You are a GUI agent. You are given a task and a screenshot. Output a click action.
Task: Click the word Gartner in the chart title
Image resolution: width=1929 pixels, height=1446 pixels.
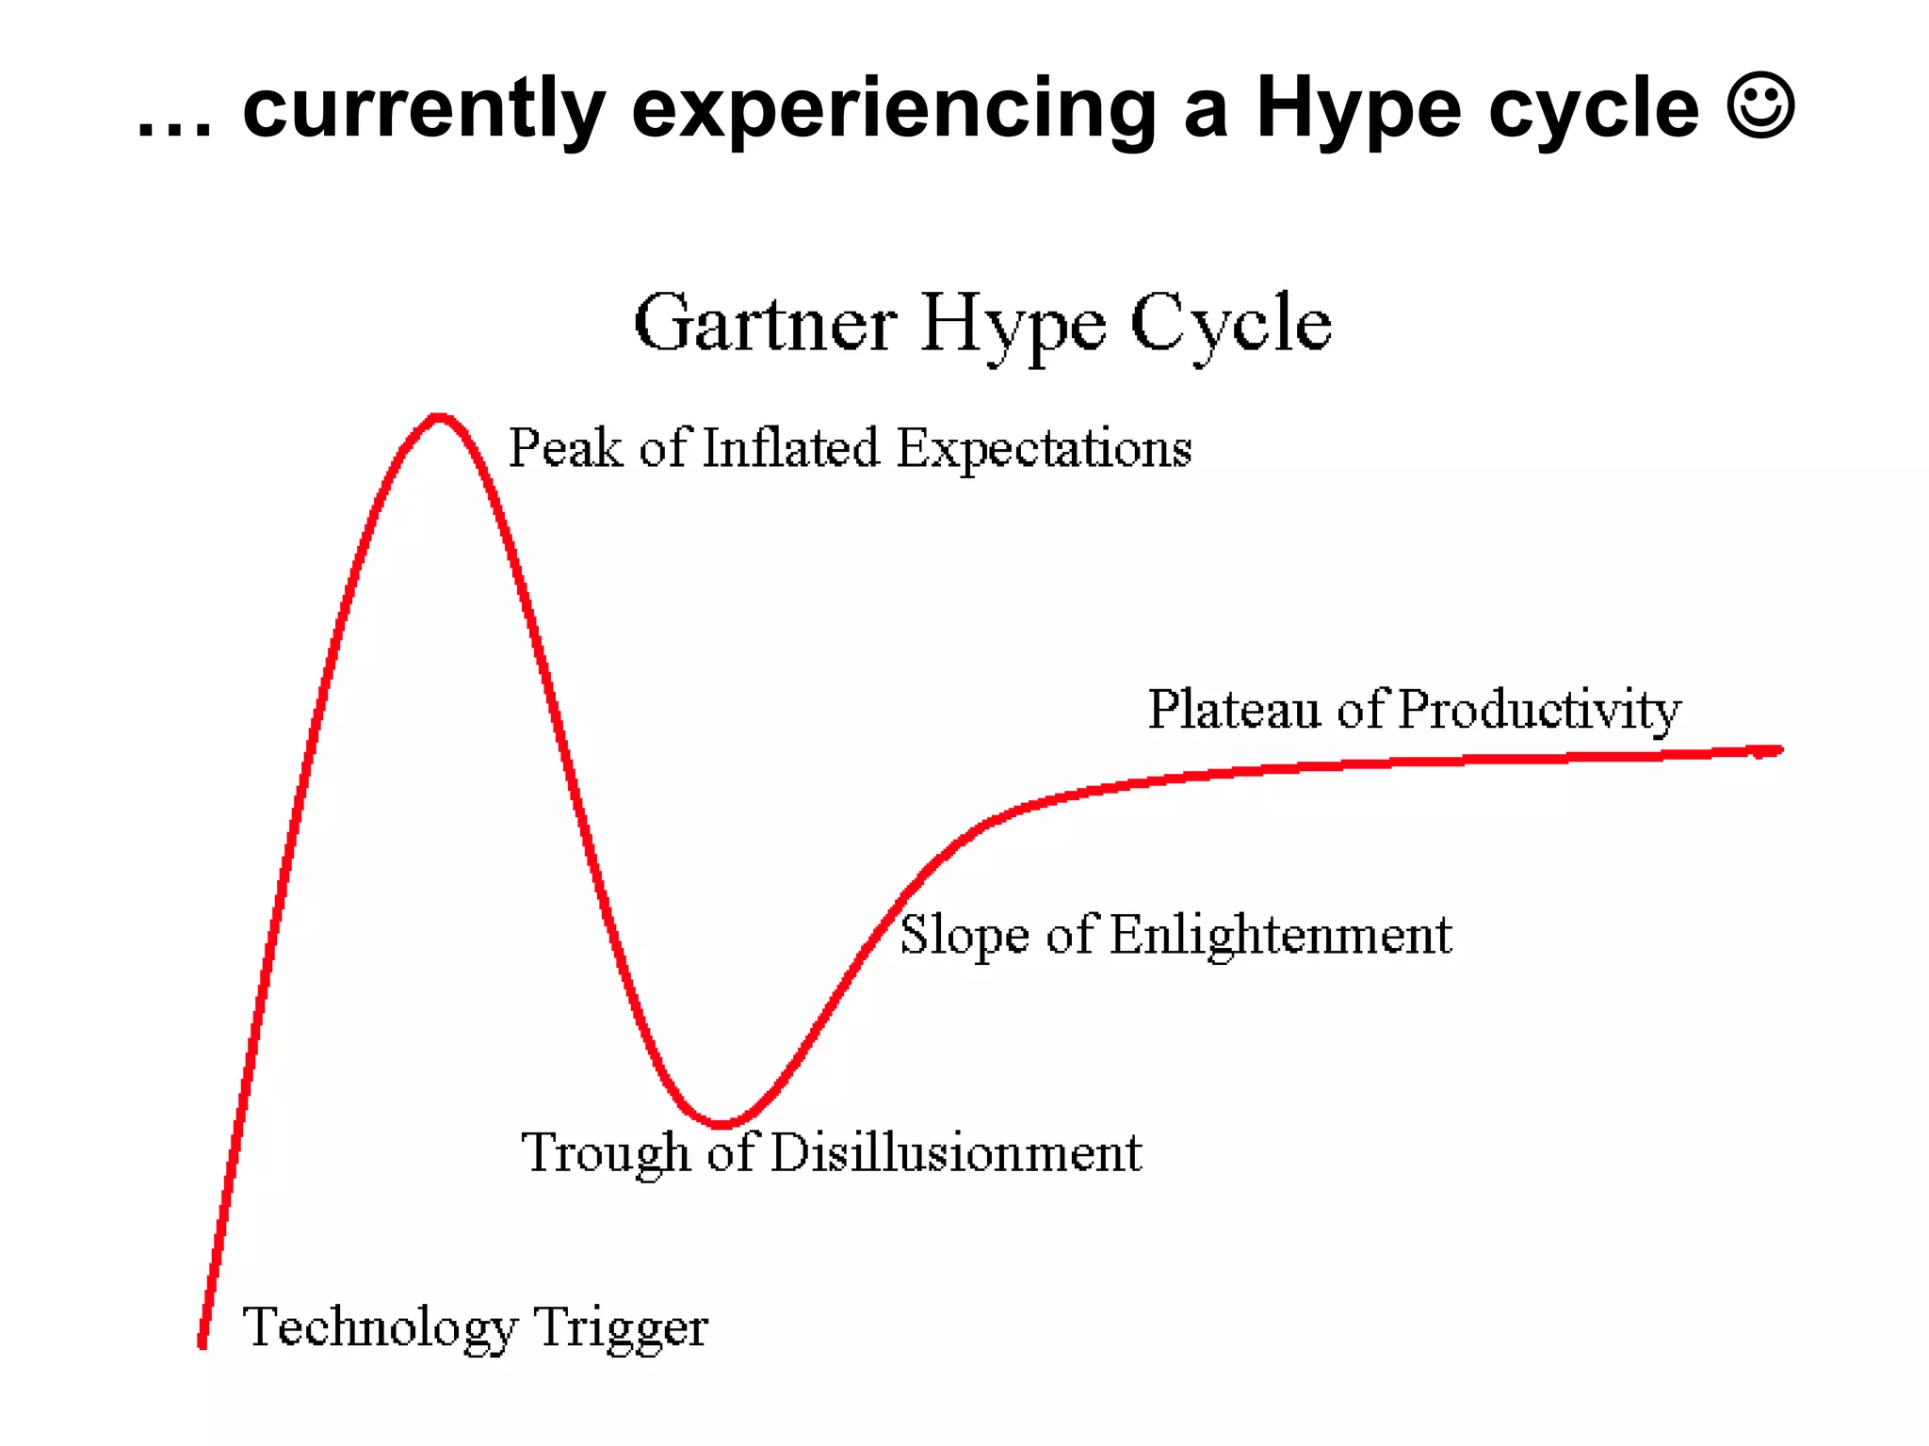pyautogui.click(x=765, y=323)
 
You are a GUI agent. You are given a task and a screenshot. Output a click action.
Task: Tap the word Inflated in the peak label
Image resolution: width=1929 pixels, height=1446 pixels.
pyautogui.click(x=790, y=447)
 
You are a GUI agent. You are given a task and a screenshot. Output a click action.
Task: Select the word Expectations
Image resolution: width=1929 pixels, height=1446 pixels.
pyautogui.click(x=1044, y=449)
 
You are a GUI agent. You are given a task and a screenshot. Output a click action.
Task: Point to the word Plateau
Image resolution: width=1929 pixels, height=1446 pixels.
pyautogui.click(x=1234, y=709)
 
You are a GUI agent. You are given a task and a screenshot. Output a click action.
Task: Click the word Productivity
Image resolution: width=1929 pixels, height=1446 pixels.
pyautogui.click(x=1539, y=711)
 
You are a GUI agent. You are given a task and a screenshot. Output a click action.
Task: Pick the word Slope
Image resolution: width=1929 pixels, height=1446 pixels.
pyautogui.click(x=964, y=936)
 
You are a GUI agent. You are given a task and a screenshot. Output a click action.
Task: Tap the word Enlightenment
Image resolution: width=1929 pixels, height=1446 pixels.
pyautogui.click(x=1281, y=936)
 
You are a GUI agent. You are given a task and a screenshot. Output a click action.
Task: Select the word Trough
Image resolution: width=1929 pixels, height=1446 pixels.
pyautogui.click(x=606, y=1153)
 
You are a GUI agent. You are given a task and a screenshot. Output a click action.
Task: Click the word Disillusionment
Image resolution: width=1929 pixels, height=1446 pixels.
pyautogui.click(x=956, y=1152)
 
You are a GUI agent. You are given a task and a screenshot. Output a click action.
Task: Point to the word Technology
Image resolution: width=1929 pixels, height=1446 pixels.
pyautogui.click(x=381, y=1328)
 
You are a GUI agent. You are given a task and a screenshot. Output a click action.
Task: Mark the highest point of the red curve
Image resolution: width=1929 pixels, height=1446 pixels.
pyautogui.click(x=438, y=417)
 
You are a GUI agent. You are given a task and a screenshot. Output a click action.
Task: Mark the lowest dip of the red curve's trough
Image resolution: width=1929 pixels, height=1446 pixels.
pyautogui.click(x=721, y=1123)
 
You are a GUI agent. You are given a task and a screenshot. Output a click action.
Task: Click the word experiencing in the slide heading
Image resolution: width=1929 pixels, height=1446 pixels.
pyautogui.click(x=894, y=110)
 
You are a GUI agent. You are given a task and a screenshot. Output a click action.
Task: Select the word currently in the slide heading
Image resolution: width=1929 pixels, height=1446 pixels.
pyautogui.click(x=424, y=110)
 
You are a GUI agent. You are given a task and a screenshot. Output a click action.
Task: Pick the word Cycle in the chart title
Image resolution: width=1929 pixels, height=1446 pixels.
pyautogui.click(x=1230, y=323)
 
